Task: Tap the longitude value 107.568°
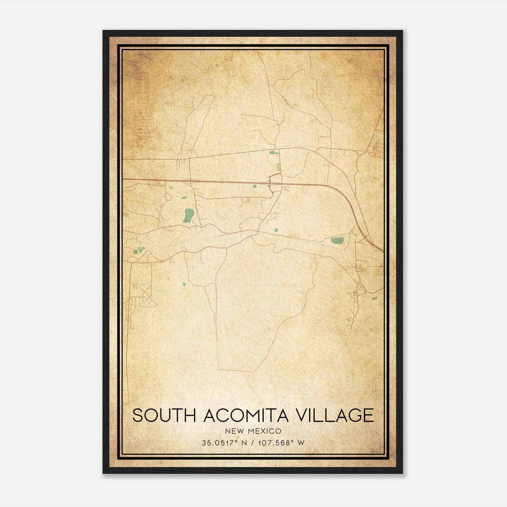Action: pyautogui.click(x=274, y=443)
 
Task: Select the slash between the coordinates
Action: pyautogui.click(x=252, y=443)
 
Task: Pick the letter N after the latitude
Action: pyautogui.click(x=244, y=443)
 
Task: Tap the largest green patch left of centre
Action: pyautogui.click(x=188, y=215)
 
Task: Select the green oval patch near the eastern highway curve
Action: pyautogui.click(x=337, y=241)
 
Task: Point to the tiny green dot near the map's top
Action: pyautogui.click(x=216, y=65)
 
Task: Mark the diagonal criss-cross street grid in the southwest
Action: pyautogui.click(x=146, y=296)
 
